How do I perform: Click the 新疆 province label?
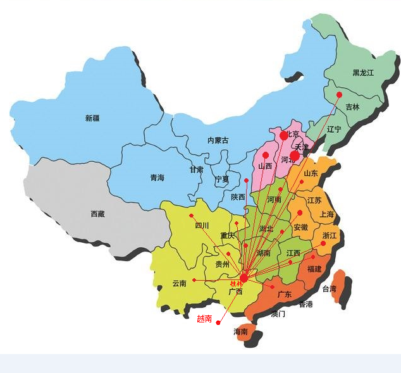92,118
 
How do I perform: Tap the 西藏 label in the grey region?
97,214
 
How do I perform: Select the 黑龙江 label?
363,73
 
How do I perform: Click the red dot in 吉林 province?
339,95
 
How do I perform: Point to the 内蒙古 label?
218,140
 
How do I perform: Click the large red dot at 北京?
283,135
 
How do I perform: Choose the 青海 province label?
157,178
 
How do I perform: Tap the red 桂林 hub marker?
244,278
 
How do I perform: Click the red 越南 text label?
204,319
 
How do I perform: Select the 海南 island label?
240,331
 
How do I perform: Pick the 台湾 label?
330,289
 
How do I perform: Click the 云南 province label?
180,284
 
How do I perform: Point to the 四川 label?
202,225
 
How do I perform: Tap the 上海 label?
327,214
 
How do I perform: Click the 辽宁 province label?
333,129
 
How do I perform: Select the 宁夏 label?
222,180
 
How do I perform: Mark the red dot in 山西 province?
266,155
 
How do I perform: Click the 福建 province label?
314,269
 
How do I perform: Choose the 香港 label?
305,304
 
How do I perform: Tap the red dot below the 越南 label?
218,322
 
